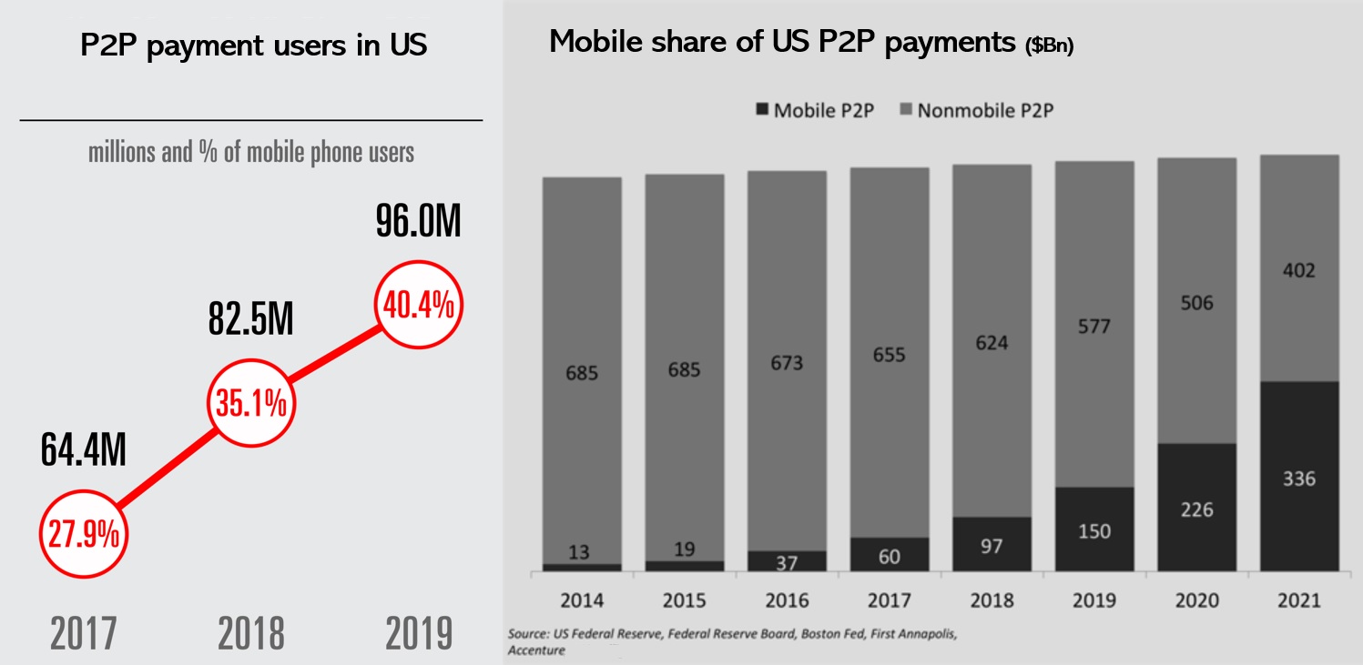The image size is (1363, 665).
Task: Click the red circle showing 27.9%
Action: [84, 535]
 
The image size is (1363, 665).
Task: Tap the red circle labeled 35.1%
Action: [250, 405]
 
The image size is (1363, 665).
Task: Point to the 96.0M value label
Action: [419, 223]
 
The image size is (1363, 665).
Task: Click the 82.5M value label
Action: [250, 320]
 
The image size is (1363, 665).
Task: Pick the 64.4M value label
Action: [84, 450]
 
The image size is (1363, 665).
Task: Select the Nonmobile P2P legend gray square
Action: [905, 111]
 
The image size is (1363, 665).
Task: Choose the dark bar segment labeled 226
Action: [1196, 508]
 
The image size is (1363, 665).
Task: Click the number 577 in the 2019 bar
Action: [1093, 326]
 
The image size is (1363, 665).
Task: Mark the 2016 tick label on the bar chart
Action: [787, 601]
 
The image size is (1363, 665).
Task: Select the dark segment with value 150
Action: [1093, 529]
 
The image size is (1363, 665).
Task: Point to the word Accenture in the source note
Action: [536, 650]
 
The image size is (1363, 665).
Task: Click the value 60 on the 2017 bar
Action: [890, 555]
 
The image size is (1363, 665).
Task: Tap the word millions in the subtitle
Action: [122, 152]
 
